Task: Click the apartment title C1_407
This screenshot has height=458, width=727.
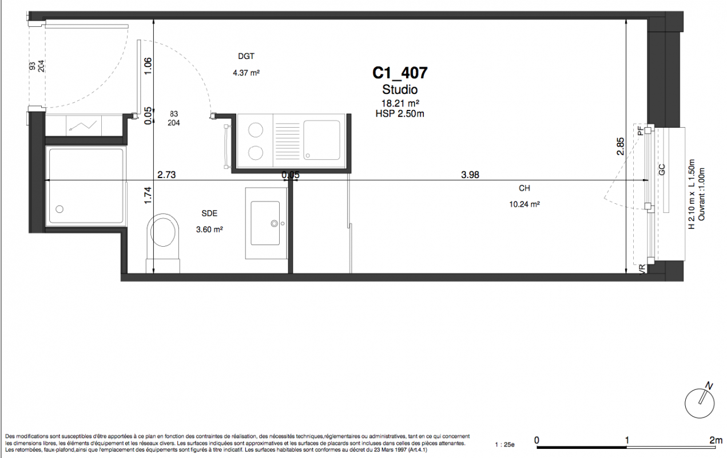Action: pyautogui.click(x=400, y=73)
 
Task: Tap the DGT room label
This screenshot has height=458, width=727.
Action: pyautogui.click(x=246, y=56)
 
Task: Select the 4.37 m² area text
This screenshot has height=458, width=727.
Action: pyautogui.click(x=246, y=73)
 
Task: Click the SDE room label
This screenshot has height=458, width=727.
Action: pyautogui.click(x=209, y=214)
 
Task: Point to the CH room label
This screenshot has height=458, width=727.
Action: pyautogui.click(x=525, y=188)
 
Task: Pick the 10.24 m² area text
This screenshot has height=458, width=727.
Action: pyautogui.click(x=525, y=204)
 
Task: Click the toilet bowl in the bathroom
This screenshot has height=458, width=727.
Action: pyautogui.click(x=163, y=231)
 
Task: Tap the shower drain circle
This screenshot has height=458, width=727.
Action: pyautogui.click(x=59, y=209)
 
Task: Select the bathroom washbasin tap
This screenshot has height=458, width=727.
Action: pyautogui.click(x=275, y=223)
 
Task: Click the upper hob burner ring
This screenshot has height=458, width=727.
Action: pyautogui.click(x=256, y=131)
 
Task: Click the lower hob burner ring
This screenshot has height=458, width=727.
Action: pyautogui.click(x=256, y=153)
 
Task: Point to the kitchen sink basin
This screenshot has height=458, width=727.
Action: pyautogui.click(x=321, y=140)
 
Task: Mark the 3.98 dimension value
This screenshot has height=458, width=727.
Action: pyautogui.click(x=470, y=175)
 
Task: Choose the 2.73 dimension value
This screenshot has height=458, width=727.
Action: pyautogui.click(x=166, y=175)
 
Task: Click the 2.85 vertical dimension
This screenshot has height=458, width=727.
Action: pyautogui.click(x=620, y=147)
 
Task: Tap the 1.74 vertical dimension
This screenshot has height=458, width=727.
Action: pyautogui.click(x=148, y=195)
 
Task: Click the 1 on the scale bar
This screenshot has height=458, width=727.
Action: pyautogui.click(x=627, y=440)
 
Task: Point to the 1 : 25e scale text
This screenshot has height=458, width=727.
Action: pyautogui.click(x=504, y=445)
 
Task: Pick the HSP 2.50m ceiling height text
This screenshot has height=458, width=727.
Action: pyautogui.click(x=400, y=114)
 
